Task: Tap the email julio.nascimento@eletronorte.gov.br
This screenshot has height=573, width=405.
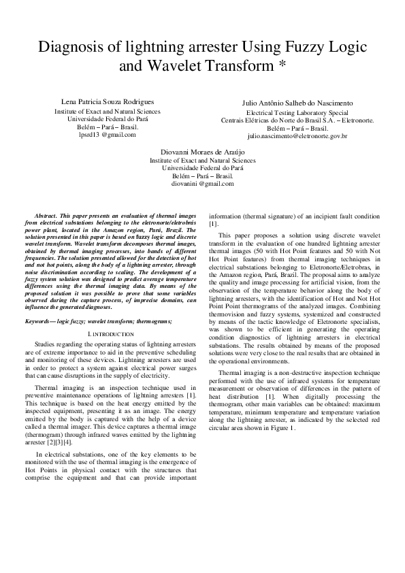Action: [x=297, y=136]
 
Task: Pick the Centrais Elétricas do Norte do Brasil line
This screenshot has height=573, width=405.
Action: [x=297, y=120]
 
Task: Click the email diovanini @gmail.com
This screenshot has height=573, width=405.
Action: [x=202, y=184]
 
